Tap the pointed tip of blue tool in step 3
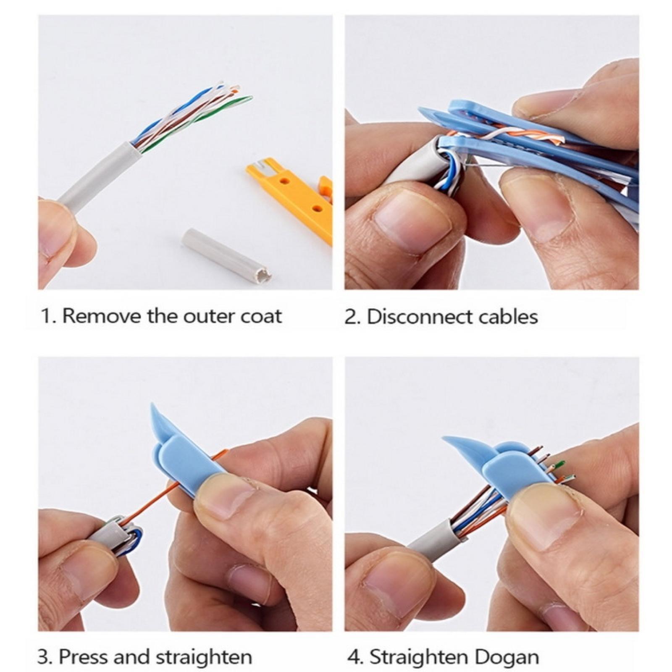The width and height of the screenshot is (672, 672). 152,404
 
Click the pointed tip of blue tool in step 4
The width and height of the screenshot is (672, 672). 443,439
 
